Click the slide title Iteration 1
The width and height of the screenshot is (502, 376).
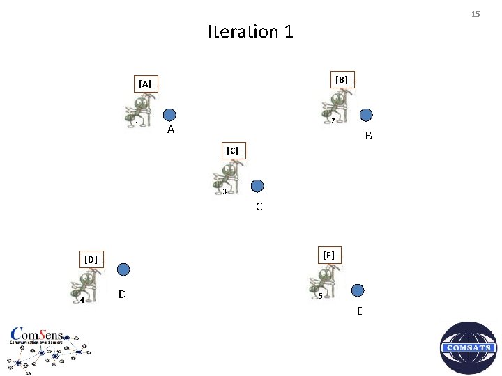click(x=250, y=32)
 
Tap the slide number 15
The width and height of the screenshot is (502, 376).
click(x=476, y=14)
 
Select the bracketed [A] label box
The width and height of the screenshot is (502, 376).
click(x=145, y=84)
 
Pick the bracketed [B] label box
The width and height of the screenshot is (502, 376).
click(x=342, y=79)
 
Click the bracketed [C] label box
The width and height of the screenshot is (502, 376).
click(x=233, y=150)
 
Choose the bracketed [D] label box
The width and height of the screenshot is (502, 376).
click(x=91, y=260)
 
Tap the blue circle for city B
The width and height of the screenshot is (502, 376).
click(x=366, y=115)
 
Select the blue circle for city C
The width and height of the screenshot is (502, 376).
click(x=257, y=186)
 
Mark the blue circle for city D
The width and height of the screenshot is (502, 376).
click(x=123, y=269)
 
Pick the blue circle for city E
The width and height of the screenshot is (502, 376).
click(x=358, y=290)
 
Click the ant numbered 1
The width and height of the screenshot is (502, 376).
click(x=141, y=111)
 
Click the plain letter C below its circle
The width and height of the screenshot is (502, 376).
click(x=259, y=207)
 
